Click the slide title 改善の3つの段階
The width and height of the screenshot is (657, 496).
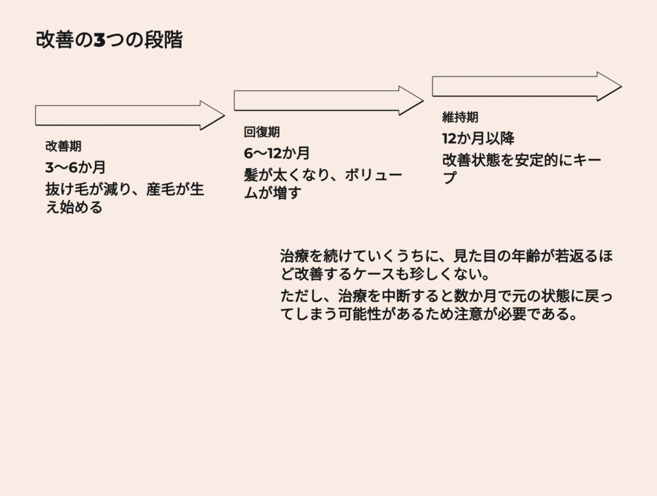pos(109,40)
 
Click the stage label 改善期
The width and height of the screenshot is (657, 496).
pos(64,146)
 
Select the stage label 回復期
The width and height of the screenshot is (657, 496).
pos(262,132)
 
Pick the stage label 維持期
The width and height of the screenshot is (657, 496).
pos(460,117)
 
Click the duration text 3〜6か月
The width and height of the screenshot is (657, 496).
pos(75,167)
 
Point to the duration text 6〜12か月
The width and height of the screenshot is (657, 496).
pos(277,153)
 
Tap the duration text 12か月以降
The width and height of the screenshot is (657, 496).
pos(478,139)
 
